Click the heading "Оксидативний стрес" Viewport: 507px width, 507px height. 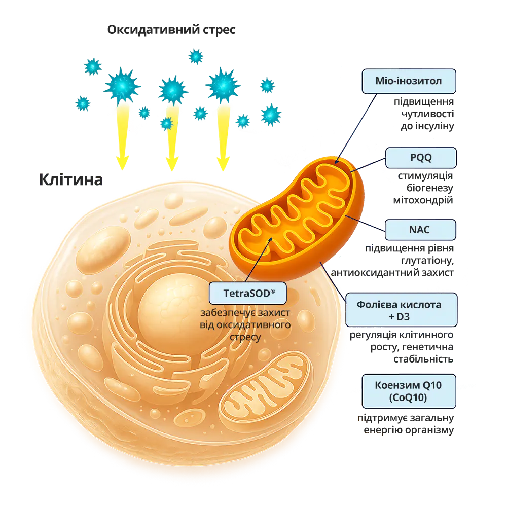[171, 30]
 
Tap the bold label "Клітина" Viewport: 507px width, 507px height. [71, 179]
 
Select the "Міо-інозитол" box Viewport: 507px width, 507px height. [409, 81]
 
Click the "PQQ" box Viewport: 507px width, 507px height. [421, 158]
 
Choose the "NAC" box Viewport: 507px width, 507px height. [420, 230]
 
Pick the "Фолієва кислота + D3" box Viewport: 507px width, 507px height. [401, 310]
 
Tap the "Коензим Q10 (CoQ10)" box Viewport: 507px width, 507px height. [409, 391]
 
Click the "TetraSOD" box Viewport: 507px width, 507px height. [248, 293]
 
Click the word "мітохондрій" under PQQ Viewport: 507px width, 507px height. [423, 200]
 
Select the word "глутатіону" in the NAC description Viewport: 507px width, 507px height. [427, 260]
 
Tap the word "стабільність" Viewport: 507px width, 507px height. [423, 359]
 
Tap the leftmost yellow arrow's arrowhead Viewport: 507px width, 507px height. [123, 162]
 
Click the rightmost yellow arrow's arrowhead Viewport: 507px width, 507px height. [223, 163]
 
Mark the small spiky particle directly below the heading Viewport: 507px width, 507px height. [196, 56]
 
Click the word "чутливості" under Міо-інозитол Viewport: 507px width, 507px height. [427, 114]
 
